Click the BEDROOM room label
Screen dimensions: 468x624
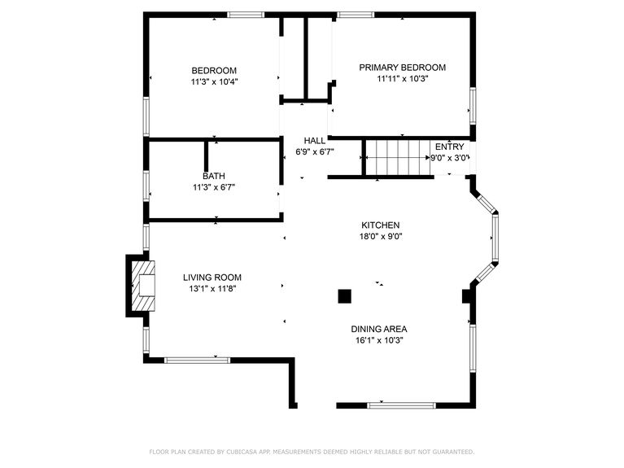point(214,70)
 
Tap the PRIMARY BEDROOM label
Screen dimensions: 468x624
point(402,68)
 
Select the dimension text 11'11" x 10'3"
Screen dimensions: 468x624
point(402,79)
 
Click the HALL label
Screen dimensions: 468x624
point(315,141)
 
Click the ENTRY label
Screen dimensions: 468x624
point(449,147)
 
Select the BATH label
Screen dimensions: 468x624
point(214,176)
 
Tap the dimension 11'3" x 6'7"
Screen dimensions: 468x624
point(214,187)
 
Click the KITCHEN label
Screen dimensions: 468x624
point(380,225)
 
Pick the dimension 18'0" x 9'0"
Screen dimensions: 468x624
point(380,237)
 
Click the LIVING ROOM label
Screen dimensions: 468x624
point(212,277)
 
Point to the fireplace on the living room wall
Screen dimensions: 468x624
point(142,285)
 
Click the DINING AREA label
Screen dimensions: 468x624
point(378,329)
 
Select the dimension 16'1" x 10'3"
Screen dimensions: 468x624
point(378,340)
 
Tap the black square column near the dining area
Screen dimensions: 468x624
point(345,296)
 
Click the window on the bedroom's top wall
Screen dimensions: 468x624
point(245,15)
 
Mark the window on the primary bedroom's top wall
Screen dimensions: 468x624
point(356,15)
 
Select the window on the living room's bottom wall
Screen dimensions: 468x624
point(197,359)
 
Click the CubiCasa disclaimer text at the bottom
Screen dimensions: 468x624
point(312,452)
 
